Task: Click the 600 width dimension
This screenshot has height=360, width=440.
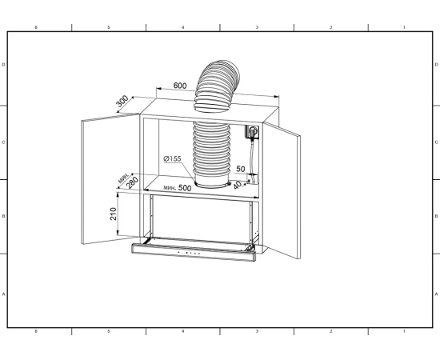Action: click(180, 86)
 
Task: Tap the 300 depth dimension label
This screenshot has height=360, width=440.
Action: click(122, 101)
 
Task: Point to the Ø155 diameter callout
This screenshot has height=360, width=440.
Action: click(172, 159)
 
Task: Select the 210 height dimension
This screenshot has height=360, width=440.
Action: click(113, 214)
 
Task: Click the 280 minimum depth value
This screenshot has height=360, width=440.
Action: click(132, 182)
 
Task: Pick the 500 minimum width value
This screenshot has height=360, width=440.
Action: click(185, 188)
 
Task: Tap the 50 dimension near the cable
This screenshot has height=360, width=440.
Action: click(241, 169)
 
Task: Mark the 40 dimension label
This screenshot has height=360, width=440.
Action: click(238, 185)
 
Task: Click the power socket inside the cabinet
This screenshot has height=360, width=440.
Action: click(252, 131)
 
